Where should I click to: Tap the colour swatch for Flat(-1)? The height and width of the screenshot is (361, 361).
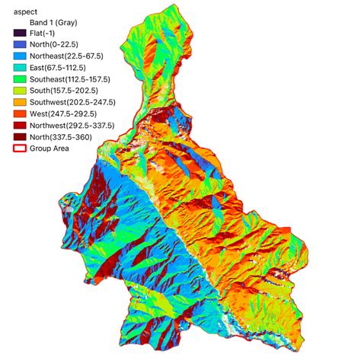pos(20,34)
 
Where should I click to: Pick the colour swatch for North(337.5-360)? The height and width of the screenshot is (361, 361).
pos(20,136)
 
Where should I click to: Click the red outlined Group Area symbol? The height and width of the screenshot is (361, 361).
pos(20,148)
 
